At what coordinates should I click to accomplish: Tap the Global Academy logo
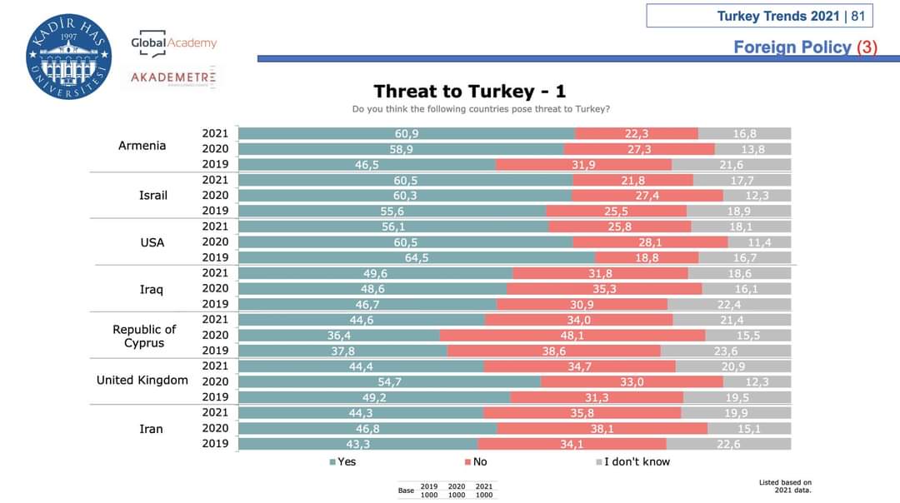click(173, 44)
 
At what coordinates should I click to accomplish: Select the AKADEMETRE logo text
click(173, 77)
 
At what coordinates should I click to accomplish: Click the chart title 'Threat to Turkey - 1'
click(469, 92)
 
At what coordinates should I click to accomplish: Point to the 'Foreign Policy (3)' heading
click(805, 47)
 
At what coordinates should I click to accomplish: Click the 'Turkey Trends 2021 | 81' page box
click(758, 16)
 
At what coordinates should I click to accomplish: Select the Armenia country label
click(142, 146)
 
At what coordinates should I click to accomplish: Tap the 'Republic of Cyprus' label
click(144, 336)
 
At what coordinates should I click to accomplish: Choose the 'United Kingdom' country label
click(142, 381)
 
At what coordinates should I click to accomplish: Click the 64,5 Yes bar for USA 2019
click(417, 258)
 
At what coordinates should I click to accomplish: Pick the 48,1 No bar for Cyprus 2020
click(572, 336)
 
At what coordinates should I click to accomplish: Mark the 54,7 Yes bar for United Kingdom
click(389, 381)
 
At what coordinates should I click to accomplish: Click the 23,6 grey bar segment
click(725, 351)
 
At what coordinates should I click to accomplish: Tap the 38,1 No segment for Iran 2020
click(602, 429)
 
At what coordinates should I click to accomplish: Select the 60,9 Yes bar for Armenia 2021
click(407, 134)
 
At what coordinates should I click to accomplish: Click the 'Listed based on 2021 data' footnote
click(785, 486)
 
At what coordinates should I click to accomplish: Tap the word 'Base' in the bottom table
click(406, 491)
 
